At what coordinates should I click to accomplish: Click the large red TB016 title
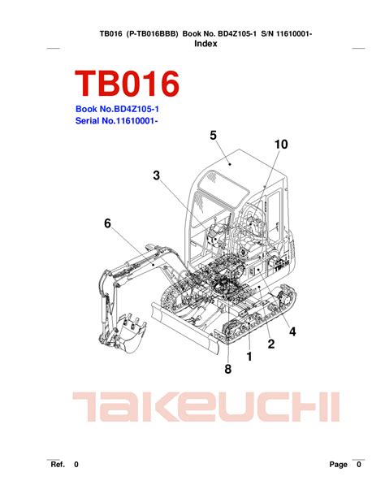[x=127, y=83]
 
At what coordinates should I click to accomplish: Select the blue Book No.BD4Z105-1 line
[x=117, y=109]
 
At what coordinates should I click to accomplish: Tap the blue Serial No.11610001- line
[x=117, y=121]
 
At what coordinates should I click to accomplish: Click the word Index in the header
[x=205, y=44]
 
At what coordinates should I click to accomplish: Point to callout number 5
[x=213, y=136]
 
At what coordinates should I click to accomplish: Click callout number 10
[x=281, y=144]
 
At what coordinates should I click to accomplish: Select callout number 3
[x=156, y=175]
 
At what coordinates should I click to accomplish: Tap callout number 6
[x=108, y=223]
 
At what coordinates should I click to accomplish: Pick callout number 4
[x=292, y=331]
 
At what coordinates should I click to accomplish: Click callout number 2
[x=271, y=344]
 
